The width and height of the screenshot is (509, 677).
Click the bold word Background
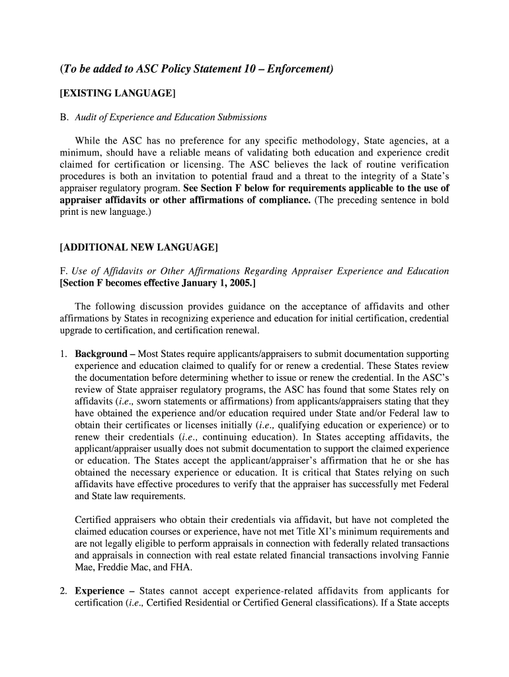click(x=100, y=354)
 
